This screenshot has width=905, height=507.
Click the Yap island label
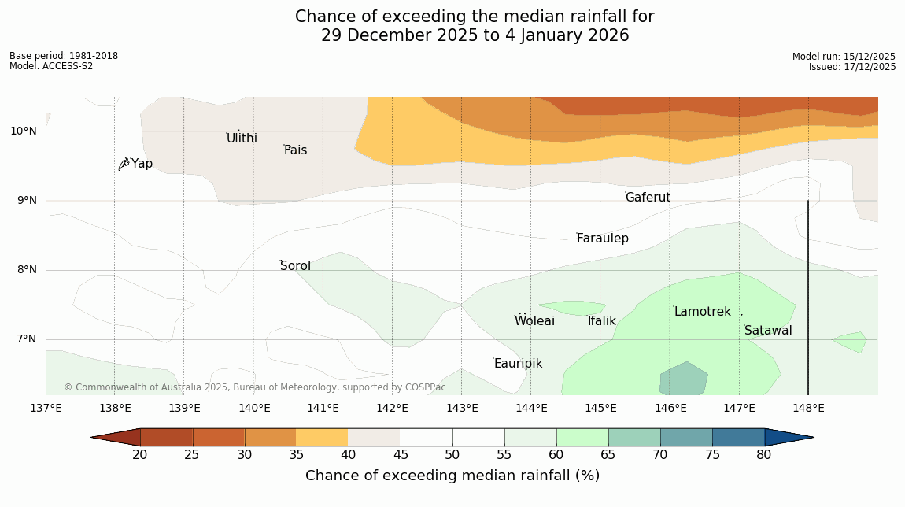point(142,164)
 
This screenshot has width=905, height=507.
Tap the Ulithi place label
point(242,139)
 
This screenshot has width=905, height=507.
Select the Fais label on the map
point(296,150)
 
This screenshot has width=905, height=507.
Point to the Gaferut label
point(648,198)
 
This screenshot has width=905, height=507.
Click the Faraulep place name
point(602,239)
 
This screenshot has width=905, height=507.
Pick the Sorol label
point(295,266)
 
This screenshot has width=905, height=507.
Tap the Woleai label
point(534,321)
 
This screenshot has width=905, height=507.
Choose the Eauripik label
point(518,364)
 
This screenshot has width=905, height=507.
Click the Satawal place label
point(768,331)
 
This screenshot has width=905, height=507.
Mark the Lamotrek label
point(702,312)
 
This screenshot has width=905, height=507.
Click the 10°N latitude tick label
point(24,131)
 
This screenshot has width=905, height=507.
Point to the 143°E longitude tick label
point(462,408)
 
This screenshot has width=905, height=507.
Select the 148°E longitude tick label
point(808,408)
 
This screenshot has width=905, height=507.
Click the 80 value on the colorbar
point(764,454)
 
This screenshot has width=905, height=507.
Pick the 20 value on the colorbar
point(140,454)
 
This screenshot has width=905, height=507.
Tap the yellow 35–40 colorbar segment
point(323,437)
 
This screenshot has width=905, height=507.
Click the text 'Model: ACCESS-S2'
point(51,66)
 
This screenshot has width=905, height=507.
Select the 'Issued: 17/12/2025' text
point(852,67)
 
